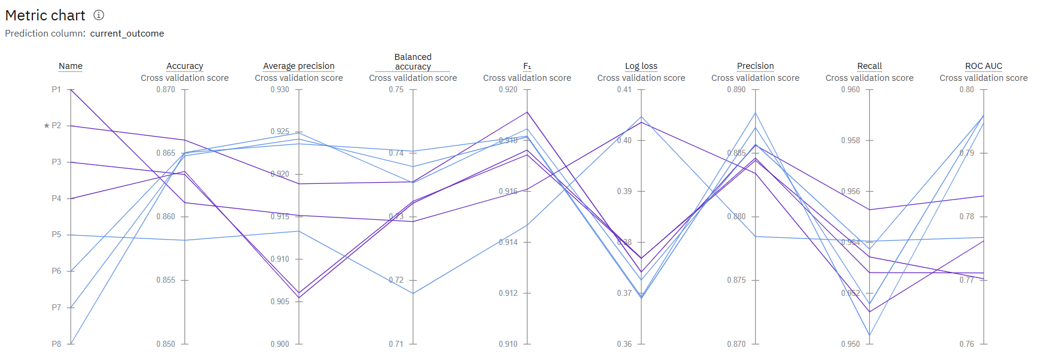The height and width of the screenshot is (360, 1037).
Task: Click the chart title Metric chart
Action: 45,15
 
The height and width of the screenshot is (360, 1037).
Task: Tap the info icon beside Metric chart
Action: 99,15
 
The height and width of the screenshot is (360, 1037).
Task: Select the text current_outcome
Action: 127,34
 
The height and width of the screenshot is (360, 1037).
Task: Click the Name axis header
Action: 71,66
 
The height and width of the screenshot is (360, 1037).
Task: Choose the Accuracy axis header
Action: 184,66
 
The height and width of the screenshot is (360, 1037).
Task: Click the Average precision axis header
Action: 299,66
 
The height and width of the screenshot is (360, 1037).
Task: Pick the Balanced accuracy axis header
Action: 413,61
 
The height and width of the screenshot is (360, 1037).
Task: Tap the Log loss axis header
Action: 641,66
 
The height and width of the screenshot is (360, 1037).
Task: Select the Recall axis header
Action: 869,66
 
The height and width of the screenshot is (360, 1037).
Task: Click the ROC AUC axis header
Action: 983,66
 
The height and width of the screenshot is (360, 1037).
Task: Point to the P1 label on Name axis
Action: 56,89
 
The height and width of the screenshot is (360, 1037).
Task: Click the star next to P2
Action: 47,126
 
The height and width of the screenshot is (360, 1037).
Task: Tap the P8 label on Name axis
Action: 56,344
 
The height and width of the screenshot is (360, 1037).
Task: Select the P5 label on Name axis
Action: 56,235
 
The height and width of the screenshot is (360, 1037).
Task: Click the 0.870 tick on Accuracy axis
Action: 166,89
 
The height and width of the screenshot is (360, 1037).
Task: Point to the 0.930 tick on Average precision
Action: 280,89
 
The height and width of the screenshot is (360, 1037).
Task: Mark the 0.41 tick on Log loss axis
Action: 624,89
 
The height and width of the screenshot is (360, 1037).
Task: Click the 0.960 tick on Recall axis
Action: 850,89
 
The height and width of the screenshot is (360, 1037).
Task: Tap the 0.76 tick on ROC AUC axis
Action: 966,344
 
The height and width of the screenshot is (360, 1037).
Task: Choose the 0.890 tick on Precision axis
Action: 736,89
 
